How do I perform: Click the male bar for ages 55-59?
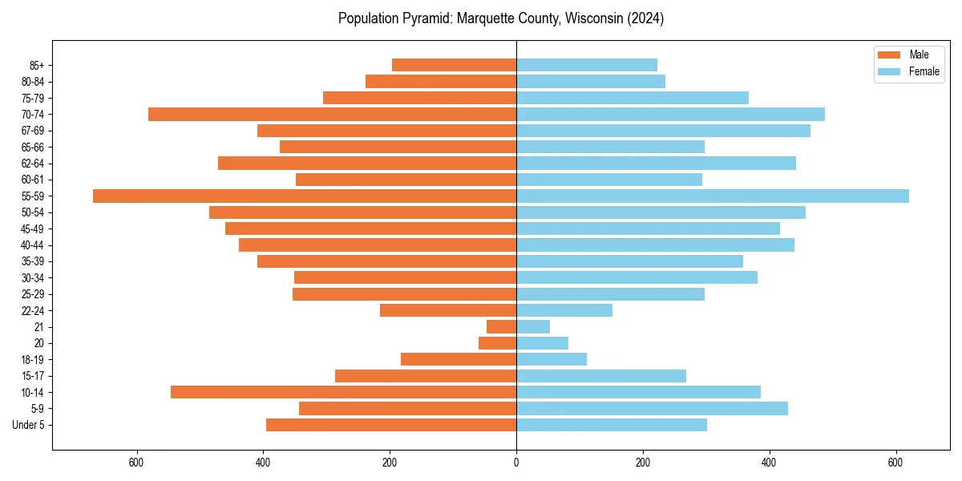pos(305,196)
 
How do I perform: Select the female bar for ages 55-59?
pos(712,196)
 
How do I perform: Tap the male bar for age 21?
pos(501,326)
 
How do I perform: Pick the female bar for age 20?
pos(542,343)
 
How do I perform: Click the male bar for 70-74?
pos(332,114)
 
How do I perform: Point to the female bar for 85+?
pos(586,65)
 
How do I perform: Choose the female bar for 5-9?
pos(652,408)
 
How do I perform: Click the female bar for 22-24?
pos(564,310)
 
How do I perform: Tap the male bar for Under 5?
pos(391,425)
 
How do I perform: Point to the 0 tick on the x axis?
pos(516,463)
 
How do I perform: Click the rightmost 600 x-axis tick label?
pos(895,463)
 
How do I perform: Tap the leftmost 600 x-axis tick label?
pos(136,463)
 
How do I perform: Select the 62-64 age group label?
pos(33,164)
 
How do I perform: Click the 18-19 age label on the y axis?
pos(33,360)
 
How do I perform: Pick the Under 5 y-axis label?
pos(28,425)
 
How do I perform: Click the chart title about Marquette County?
pos(501,18)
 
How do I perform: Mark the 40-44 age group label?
pos(33,245)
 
